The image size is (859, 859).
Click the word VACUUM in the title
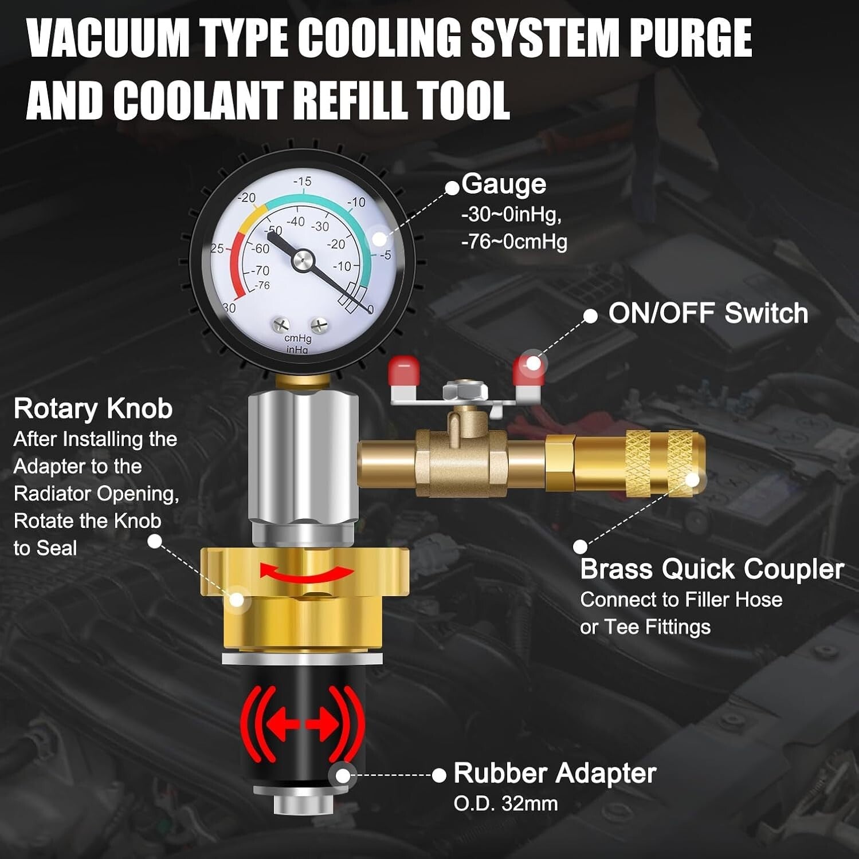tap(108, 38)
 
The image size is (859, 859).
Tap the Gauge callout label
tap(504, 184)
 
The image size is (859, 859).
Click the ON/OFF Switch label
tap(708, 313)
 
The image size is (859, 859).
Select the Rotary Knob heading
tap(93, 409)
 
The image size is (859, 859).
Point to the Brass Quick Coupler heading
tap(712, 569)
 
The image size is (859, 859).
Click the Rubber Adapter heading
tap(554, 773)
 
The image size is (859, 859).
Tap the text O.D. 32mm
tap(505, 803)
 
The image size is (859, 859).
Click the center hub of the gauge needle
tap(303, 261)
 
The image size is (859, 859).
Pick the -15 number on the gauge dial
tap(302, 182)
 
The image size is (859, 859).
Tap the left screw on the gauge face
tap(281, 325)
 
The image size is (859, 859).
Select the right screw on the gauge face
tap(319, 325)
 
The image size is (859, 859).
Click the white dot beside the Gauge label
tap(453, 187)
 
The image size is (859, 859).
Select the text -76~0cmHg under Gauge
tap(513, 242)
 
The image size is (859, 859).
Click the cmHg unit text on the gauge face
tap(297, 338)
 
